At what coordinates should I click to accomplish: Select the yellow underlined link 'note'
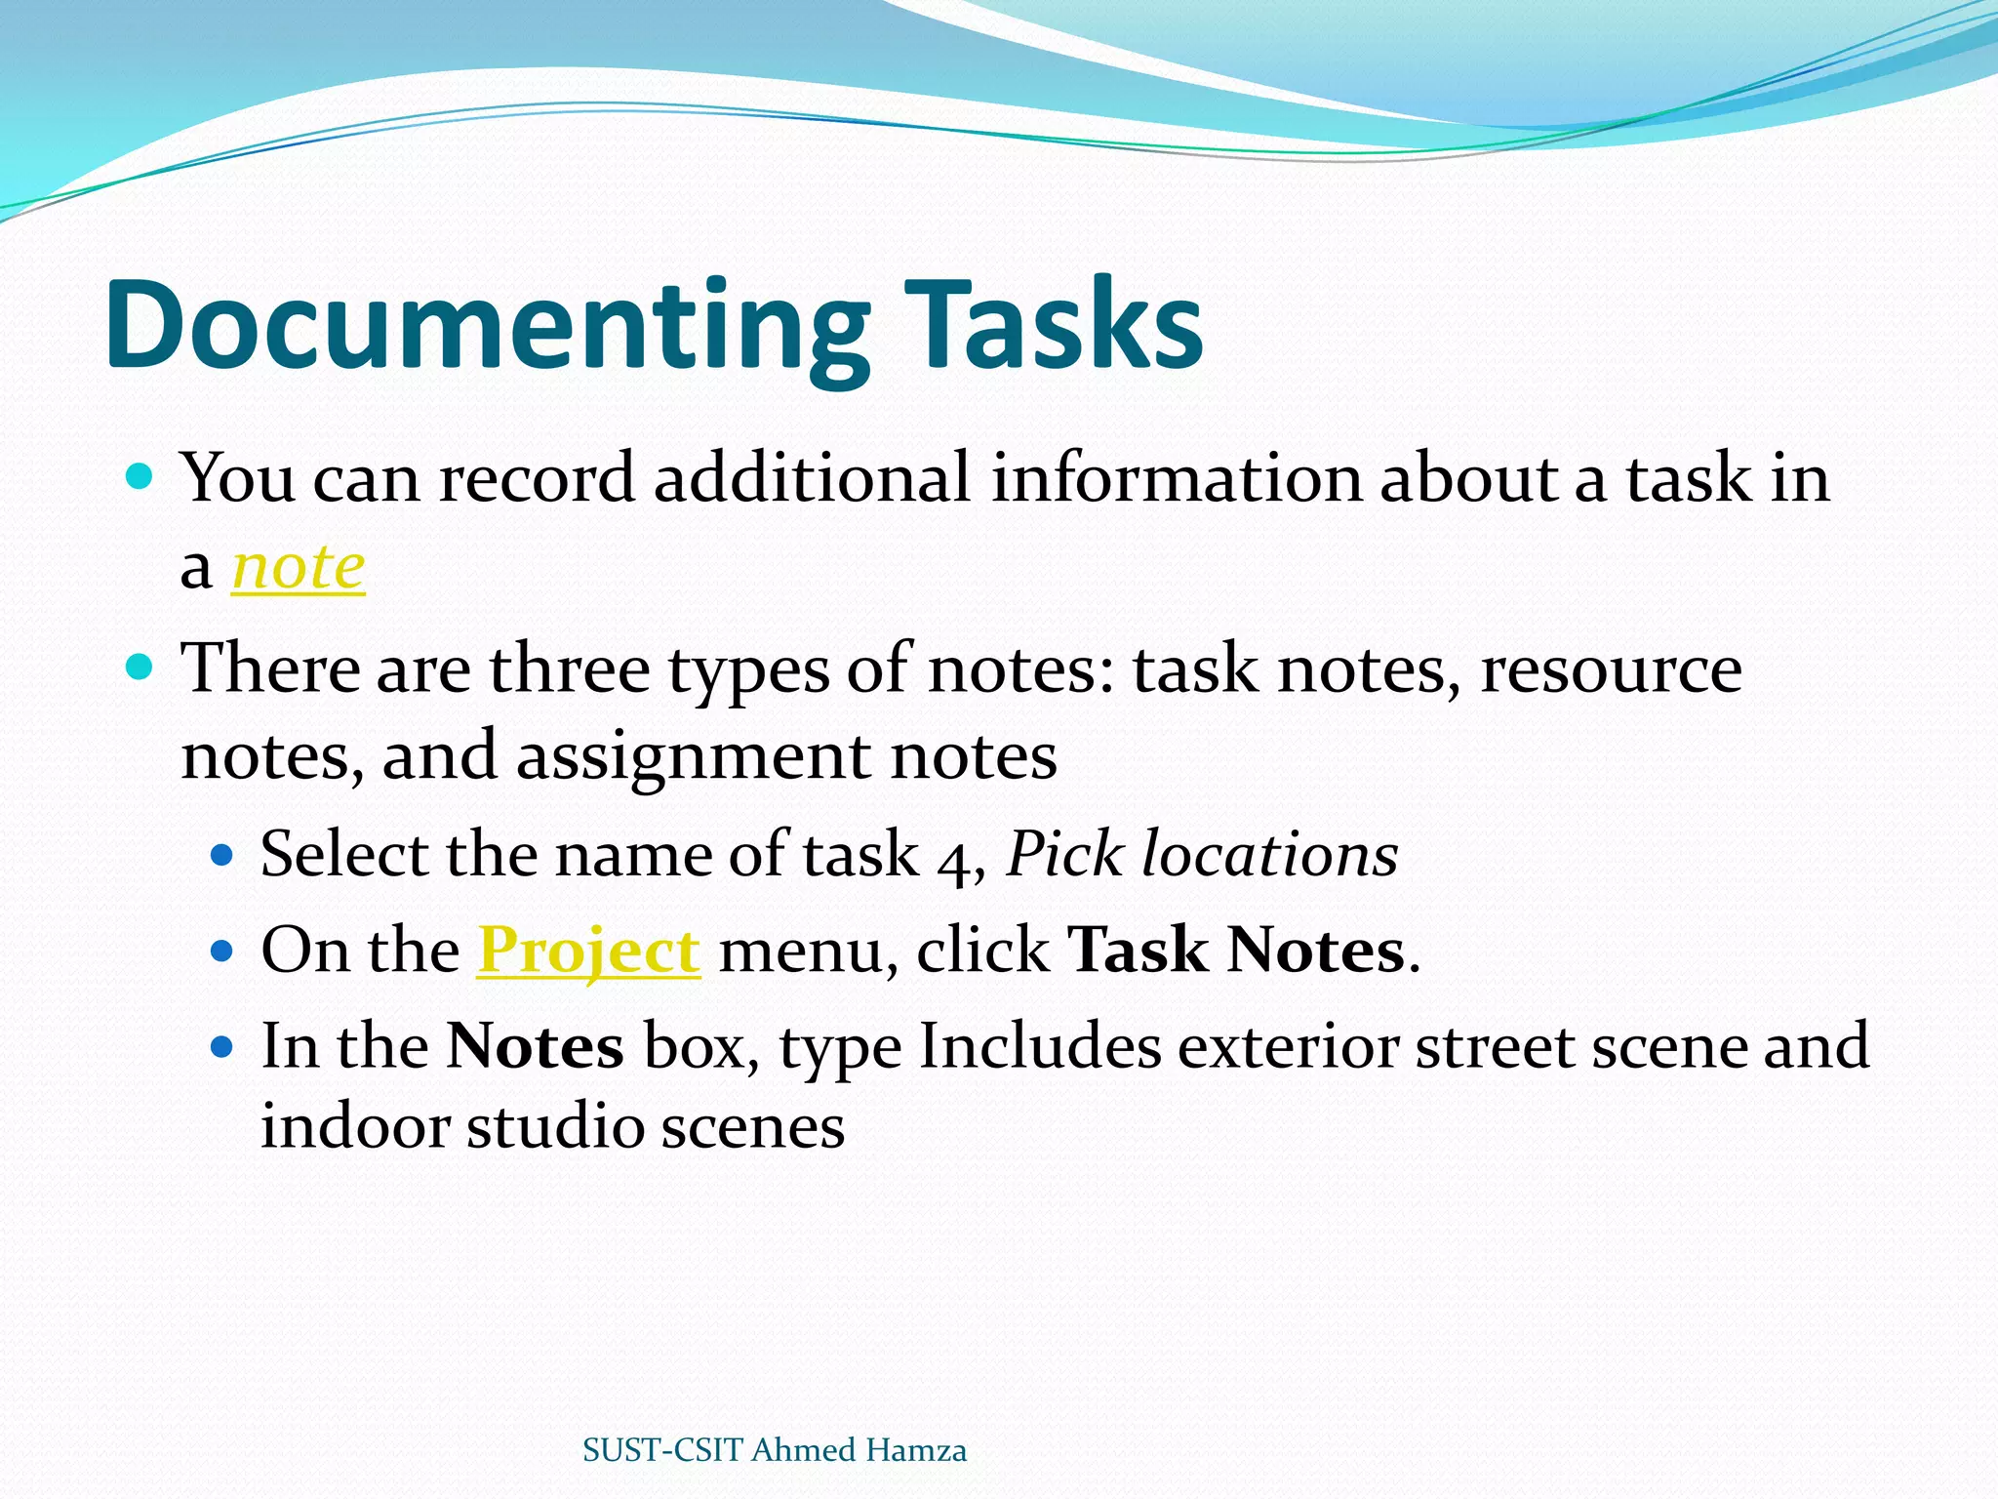coord(298,567)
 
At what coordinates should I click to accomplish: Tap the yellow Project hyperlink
coord(588,950)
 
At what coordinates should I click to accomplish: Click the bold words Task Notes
coord(1236,950)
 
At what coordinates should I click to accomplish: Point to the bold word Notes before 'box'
coord(535,1046)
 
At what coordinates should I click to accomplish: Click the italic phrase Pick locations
coord(1202,854)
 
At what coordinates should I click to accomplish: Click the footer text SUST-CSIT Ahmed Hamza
coord(774,1449)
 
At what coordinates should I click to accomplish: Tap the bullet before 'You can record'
coord(140,477)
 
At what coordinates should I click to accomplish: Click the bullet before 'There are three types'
coord(140,668)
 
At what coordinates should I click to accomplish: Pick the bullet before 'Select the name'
coord(222,856)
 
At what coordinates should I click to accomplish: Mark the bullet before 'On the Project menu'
coord(222,951)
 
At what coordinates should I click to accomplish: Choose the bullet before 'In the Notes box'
coord(222,1047)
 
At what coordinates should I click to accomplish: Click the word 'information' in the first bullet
coord(1176,478)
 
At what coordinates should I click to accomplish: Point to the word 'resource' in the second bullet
coord(1611,669)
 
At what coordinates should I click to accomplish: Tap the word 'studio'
coord(555,1126)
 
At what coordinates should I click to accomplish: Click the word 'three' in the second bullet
coord(569,669)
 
